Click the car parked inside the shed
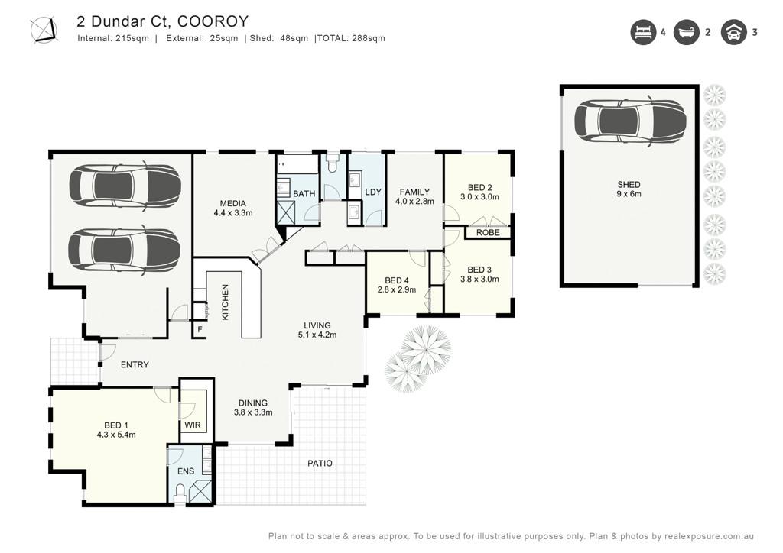pyautogui.click(x=630, y=122)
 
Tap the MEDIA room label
pyautogui.click(x=233, y=203)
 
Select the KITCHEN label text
pyautogui.click(x=226, y=302)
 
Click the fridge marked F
pyautogui.click(x=200, y=330)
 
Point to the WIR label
pyautogui.click(x=193, y=425)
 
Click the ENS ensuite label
pyautogui.click(x=186, y=471)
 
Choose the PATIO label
pyautogui.click(x=320, y=463)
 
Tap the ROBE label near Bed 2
pyautogui.click(x=488, y=233)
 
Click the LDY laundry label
pyautogui.click(x=373, y=192)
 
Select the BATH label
pyautogui.click(x=304, y=193)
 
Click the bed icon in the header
pyautogui.click(x=643, y=32)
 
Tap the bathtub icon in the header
pyautogui.click(x=687, y=32)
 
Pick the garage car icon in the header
pyautogui.click(x=733, y=32)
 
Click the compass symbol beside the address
pyautogui.click(x=44, y=30)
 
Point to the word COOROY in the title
pyautogui.click(x=213, y=21)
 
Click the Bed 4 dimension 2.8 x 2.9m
pyautogui.click(x=397, y=289)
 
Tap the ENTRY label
pyautogui.click(x=135, y=365)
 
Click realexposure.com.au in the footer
pyautogui.click(x=709, y=536)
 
